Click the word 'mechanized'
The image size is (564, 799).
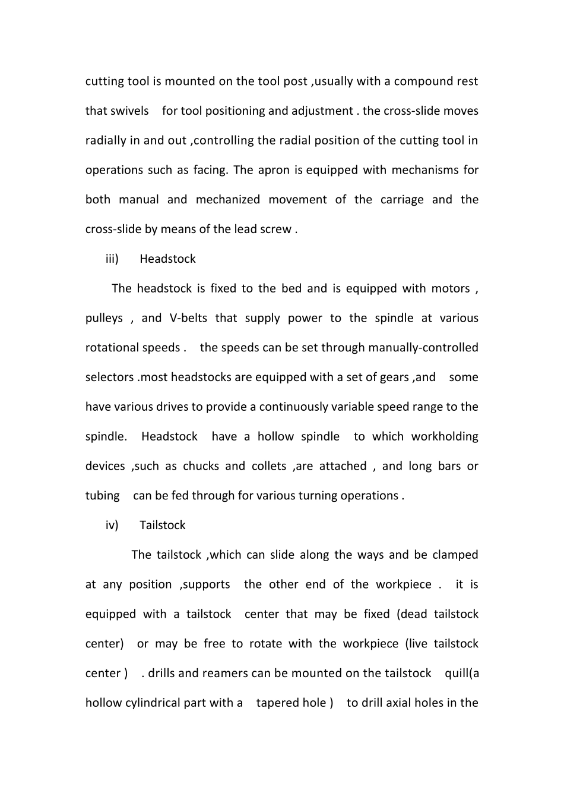[227, 200]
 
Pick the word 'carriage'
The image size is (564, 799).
[402, 200]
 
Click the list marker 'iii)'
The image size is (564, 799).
[112, 259]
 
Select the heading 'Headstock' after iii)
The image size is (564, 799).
[167, 259]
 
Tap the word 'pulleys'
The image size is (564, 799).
[104, 319]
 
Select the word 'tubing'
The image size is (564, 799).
[103, 496]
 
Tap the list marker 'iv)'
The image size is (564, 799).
[112, 526]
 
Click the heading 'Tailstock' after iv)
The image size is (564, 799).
[162, 526]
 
